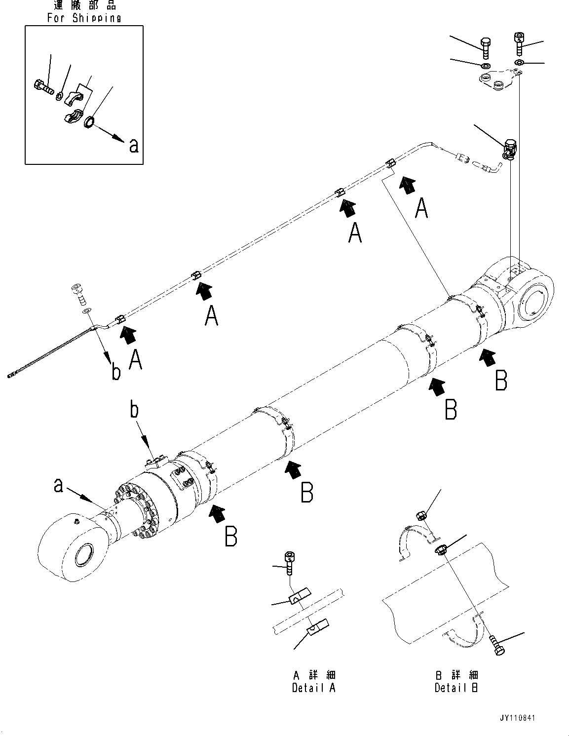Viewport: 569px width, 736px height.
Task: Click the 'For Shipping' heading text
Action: (x=84, y=18)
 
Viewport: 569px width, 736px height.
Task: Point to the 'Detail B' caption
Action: (x=456, y=688)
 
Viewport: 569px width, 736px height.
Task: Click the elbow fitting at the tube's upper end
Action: (x=510, y=150)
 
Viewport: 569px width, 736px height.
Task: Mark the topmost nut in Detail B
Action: (x=421, y=516)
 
